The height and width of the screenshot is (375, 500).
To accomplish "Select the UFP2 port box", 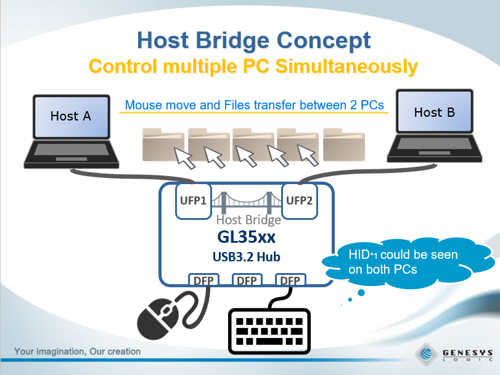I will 299,201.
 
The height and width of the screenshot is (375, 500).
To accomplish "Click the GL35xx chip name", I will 247,237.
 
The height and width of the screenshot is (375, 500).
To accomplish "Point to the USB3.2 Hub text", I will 246,256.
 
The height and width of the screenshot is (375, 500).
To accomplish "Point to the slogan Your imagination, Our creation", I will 78,352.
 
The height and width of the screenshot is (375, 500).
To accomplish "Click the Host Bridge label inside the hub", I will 249,220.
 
